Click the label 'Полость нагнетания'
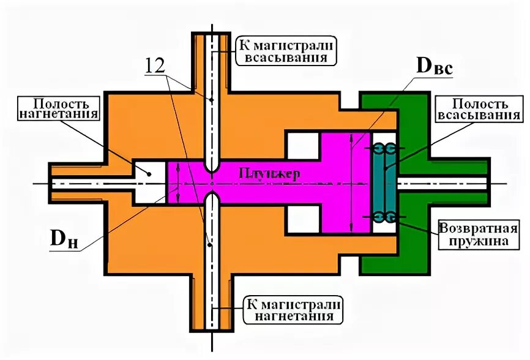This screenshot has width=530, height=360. [58, 108]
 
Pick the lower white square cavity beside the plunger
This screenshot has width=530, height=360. [302, 219]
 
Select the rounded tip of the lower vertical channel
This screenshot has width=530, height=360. [212, 200]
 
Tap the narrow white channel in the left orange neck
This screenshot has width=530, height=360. [92, 182]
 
